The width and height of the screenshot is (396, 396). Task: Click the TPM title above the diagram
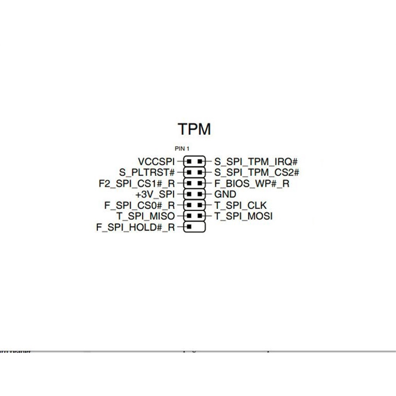tap(194, 129)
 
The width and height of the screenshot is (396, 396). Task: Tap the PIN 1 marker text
tap(182, 149)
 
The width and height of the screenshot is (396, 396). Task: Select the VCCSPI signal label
tap(156, 161)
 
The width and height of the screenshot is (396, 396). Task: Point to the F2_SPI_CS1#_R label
tap(137, 183)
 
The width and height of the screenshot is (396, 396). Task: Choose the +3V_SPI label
tap(155, 194)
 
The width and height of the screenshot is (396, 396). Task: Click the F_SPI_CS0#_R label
tap(139, 205)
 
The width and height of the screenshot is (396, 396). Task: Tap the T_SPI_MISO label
tap(145, 216)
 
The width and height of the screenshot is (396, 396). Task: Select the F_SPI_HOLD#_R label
tap(136, 227)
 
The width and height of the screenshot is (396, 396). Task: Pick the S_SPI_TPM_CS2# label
tap(257, 172)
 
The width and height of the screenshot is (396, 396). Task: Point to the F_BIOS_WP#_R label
tap(252, 183)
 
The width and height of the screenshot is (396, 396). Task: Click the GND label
tap(225, 194)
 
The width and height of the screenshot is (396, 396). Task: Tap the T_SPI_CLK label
tap(240, 205)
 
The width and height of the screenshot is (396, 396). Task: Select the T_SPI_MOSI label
tap(243, 216)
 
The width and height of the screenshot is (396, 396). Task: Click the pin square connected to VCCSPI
tap(189, 161)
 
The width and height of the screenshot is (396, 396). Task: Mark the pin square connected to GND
tap(200, 194)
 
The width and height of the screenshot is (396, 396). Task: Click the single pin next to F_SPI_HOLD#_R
tap(189, 227)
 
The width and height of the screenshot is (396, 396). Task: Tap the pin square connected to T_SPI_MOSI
tap(200, 216)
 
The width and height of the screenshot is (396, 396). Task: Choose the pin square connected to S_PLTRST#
tap(189, 172)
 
